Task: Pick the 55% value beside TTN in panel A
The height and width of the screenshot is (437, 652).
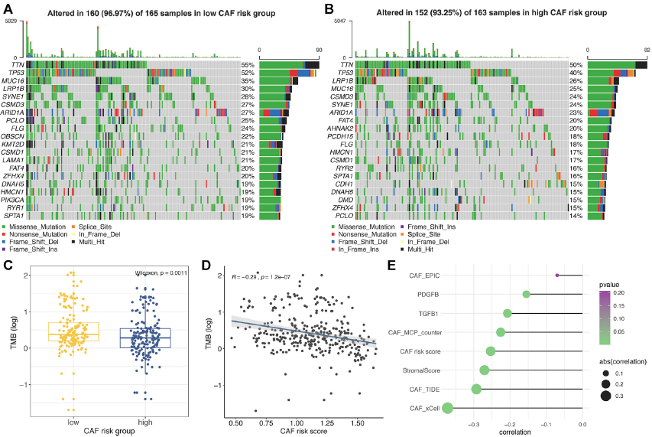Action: (x=248, y=65)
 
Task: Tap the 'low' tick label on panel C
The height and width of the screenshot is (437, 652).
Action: (x=74, y=422)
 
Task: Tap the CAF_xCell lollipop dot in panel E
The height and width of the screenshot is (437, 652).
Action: (x=447, y=409)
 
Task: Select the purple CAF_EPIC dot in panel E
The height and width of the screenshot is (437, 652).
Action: (x=557, y=276)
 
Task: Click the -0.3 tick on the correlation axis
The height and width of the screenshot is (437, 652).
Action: (x=474, y=422)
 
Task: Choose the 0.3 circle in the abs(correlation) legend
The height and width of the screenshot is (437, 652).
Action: (x=605, y=396)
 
